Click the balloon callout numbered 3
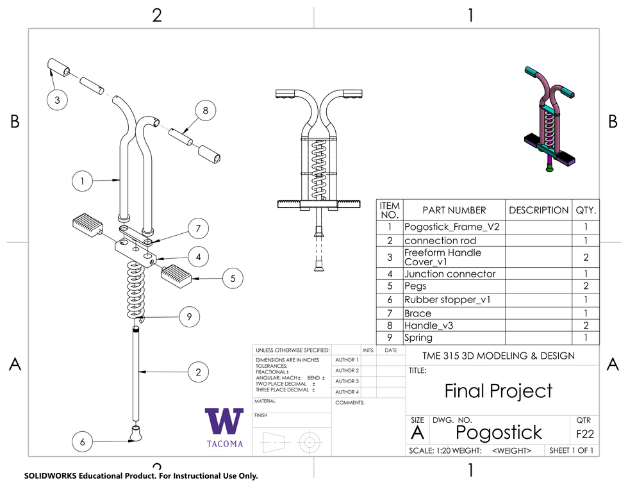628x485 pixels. click(x=57, y=100)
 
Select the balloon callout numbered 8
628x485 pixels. click(x=205, y=111)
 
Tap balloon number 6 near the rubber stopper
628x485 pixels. click(x=83, y=441)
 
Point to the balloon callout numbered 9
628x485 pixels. click(x=189, y=316)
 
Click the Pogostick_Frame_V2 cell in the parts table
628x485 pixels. click(x=452, y=227)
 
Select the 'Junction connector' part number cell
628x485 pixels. click(x=450, y=274)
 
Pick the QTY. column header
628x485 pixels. click(x=586, y=210)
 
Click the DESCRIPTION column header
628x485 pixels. click(x=538, y=210)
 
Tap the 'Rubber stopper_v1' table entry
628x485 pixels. click(x=447, y=299)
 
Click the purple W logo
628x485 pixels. click(x=224, y=421)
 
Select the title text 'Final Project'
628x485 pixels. click(x=498, y=390)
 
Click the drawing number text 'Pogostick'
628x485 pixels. click(x=499, y=432)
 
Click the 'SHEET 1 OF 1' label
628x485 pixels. click(x=572, y=450)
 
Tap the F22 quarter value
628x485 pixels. click(x=584, y=434)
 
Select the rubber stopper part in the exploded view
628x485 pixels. click(x=136, y=434)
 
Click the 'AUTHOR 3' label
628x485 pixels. click(x=347, y=381)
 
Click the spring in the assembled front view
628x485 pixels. click(x=318, y=163)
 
